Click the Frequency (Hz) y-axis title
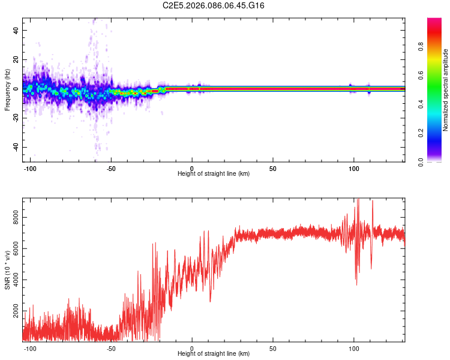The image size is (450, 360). (7, 89)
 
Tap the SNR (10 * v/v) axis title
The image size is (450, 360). (7, 270)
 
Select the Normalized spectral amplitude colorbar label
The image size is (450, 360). (446, 90)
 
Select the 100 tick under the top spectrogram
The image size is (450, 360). (353, 168)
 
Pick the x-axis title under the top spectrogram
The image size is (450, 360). (214, 173)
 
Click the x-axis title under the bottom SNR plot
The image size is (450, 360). (214, 354)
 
